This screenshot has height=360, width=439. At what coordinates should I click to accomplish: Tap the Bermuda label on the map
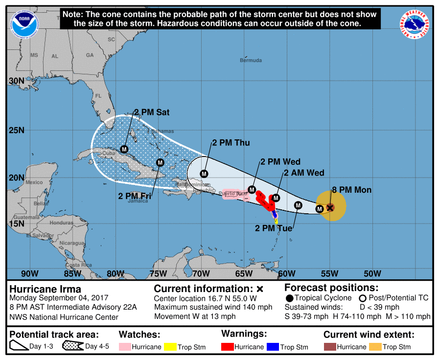[x=251, y=60]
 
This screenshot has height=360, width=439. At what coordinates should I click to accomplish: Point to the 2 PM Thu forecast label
[x=231, y=143]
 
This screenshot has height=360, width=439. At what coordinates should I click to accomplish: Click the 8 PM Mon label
[x=351, y=190]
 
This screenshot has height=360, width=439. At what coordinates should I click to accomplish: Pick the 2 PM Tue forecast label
[x=273, y=228]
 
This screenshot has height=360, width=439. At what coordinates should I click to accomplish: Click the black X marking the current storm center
[x=330, y=207]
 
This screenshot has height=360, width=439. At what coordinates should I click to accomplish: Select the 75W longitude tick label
[x=158, y=273]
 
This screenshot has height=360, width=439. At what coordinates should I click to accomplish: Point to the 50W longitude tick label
[x=372, y=273]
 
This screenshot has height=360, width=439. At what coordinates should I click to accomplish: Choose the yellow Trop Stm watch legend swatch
[x=170, y=347]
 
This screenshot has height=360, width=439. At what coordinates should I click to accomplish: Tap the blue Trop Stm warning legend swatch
[x=273, y=347]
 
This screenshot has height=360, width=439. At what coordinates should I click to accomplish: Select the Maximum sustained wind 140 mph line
[x=213, y=307]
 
